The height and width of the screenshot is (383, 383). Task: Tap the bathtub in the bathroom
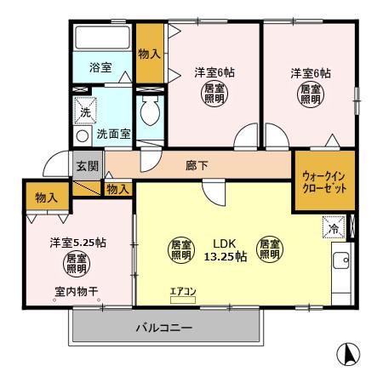pyautogui.click(x=103, y=38)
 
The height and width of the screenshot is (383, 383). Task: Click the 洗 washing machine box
pyautogui.click(x=86, y=111)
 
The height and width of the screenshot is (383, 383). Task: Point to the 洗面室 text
pyautogui.click(x=111, y=134)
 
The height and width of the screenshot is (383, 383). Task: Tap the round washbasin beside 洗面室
pyautogui.click(x=83, y=134)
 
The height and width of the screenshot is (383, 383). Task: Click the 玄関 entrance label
pyautogui.click(x=87, y=166)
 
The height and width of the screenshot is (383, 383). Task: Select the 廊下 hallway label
pyautogui.click(x=197, y=165)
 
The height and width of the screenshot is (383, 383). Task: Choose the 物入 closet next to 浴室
pyautogui.click(x=151, y=54)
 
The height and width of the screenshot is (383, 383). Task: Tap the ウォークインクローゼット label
pyautogui.click(x=324, y=181)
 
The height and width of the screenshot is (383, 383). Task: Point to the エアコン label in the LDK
pyautogui.click(x=183, y=293)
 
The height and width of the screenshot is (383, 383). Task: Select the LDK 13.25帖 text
pyautogui.click(x=223, y=249)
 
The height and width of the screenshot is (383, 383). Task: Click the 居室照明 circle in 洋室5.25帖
pyautogui.click(x=77, y=263)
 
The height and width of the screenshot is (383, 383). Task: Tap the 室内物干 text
pyautogui.click(x=77, y=292)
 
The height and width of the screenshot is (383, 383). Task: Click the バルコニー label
pyautogui.click(x=163, y=327)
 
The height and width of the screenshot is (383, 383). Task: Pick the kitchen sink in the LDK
pyautogui.click(x=341, y=261)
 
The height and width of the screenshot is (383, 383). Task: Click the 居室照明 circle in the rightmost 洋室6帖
pyautogui.click(x=307, y=94)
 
